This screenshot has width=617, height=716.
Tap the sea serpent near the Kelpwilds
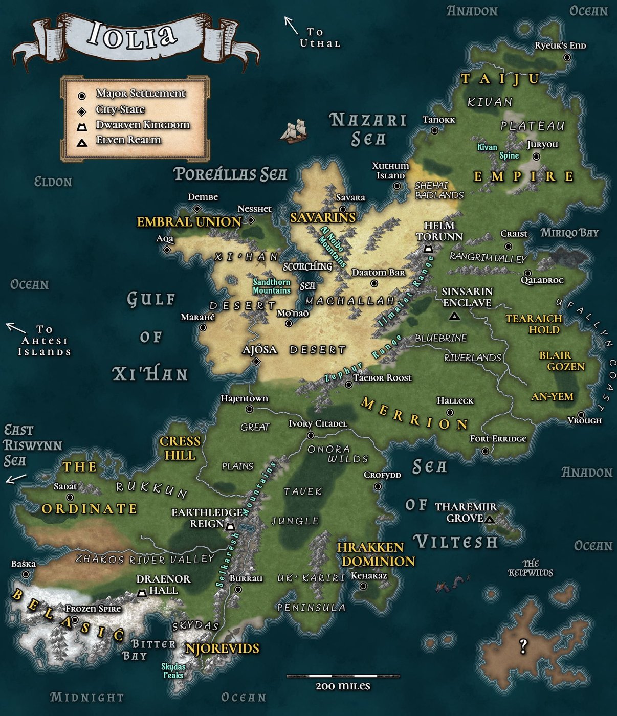(x=453, y=584)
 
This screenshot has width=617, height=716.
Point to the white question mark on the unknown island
(x=523, y=646)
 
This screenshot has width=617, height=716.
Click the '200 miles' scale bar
(x=343, y=676)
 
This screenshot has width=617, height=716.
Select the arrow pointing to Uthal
(x=291, y=25)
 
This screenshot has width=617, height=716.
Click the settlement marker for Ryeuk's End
(x=567, y=58)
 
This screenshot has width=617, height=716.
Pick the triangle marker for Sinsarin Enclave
(x=453, y=317)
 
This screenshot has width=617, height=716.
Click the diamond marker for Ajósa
(x=256, y=362)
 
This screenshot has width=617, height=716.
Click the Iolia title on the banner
(x=132, y=36)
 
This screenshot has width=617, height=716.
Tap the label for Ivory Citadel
(x=318, y=423)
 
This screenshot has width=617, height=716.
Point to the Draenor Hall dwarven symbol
(x=142, y=593)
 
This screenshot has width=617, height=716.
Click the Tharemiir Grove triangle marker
(x=489, y=520)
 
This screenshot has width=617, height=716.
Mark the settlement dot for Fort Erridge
(x=485, y=451)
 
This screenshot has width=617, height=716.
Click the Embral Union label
(x=189, y=222)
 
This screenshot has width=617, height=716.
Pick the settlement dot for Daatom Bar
(x=374, y=283)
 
